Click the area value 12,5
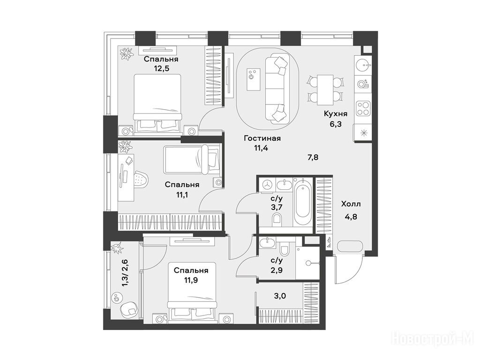pyautogui.click(x=162, y=68)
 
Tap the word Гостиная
pyautogui.click(x=262, y=138)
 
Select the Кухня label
pyautogui.click(x=336, y=114)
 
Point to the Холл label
pyautogui.click(x=351, y=204)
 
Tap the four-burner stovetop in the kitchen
pyautogui.click(x=363, y=108)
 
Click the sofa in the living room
pyautogui.click(x=277, y=89)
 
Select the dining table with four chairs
pyautogui.click(x=324, y=90)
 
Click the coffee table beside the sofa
pyautogui.click(x=254, y=80)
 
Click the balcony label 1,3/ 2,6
pyautogui.click(x=125, y=273)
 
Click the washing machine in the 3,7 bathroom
pyautogui.click(x=268, y=185)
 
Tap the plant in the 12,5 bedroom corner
pyautogui.click(x=127, y=53)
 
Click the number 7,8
pyautogui.click(x=313, y=157)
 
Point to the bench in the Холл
pyautogui.click(x=350, y=247)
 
